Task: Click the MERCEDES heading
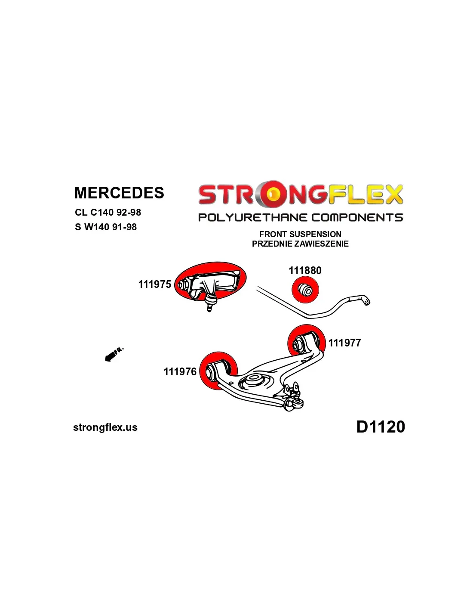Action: [x=119, y=193]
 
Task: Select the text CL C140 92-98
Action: [x=107, y=212]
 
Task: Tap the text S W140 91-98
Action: [x=105, y=227]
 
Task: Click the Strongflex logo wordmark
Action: [x=300, y=195]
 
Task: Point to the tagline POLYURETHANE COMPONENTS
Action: [x=300, y=217]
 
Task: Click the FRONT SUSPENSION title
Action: [x=300, y=234]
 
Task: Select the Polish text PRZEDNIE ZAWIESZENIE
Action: [x=300, y=244]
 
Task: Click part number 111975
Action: [x=154, y=284]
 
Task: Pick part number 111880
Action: [x=305, y=270]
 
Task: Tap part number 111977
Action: [x=344, y=343]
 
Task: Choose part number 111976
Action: [x=180, y=371]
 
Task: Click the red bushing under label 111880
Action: [x=305, y=290]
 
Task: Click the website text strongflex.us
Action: [x=105, y=427]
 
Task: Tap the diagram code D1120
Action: [x=381, y=427]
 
